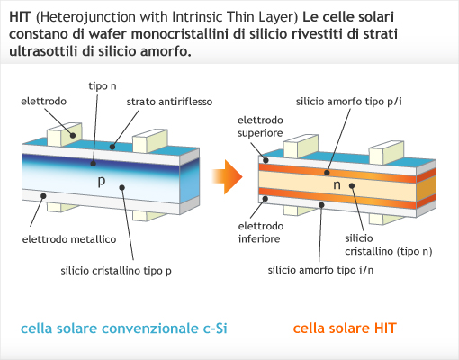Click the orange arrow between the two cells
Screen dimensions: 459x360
click(x=228, y=176)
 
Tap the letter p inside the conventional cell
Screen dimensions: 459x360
click(x=102, y=181)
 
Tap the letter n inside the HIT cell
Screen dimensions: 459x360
click(x=337, y=184)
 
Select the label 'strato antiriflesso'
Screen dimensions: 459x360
click(x=169, y=102)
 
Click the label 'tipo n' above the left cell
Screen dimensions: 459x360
click(x=103, y=86)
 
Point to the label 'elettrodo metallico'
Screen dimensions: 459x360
click(x=69, y=239)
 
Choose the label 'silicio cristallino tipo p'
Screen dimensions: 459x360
click(x=116, y=271)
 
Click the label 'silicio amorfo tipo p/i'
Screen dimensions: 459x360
click(x=349, y=102)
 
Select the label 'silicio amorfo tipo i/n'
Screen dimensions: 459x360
click(x=320, y=270)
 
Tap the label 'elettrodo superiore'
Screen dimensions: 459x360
click(x=260, y=127)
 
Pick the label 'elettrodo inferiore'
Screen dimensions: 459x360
click(x=261, y=232)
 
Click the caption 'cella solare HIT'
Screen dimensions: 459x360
click(x=345, y=328)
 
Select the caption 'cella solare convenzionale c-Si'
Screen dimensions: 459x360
click(x=124, y=328)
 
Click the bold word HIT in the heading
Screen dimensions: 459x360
click(x=20, y=17)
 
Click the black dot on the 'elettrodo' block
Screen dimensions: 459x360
click(x=73, y=136)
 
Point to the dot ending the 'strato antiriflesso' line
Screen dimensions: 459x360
click(x=112, y=147)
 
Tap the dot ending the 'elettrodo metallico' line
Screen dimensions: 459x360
click(x=43, y=196)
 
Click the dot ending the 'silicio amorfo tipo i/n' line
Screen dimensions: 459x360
click(x=321, y=205)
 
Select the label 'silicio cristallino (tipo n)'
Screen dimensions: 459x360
click(x=389, y=245)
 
